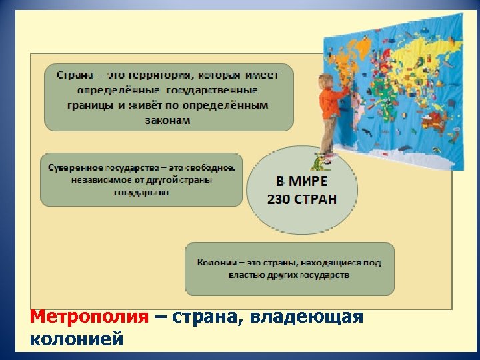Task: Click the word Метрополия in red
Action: (89, 317)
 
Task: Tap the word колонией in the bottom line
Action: (77, 339)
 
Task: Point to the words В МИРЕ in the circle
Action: (301, 181)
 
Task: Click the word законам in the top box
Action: (167, 121)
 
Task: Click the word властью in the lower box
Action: (246, 275)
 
